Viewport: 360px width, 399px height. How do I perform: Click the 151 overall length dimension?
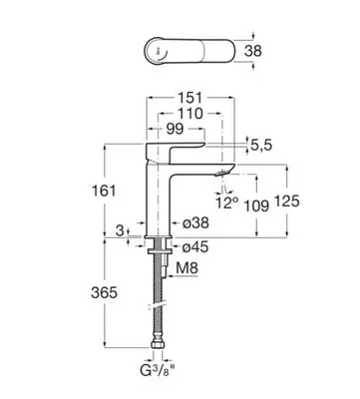point(189,98)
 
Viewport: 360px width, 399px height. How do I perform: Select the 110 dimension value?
point(189,114)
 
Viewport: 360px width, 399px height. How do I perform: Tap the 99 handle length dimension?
point(175,129)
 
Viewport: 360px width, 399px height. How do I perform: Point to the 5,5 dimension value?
point(261,145)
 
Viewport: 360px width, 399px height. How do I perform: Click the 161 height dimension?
point(104,191)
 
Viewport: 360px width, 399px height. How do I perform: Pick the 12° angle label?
point(227,202)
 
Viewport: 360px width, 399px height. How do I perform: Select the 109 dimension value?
point(256,205)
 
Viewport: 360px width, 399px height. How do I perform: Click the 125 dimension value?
point(287,200)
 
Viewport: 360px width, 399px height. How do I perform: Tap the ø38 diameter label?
point(195,222)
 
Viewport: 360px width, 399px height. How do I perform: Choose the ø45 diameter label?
point(195,247)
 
